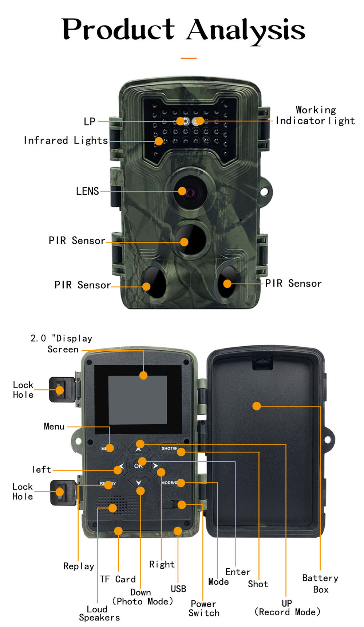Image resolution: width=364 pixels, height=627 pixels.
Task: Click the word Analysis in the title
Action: [246, 30]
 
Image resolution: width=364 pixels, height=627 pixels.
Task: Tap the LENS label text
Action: [87, 191]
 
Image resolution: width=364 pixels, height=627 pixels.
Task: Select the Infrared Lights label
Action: [66, 140]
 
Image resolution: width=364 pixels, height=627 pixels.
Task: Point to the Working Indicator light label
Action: [315, 115]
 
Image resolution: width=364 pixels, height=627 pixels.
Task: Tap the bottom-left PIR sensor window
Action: [155, 282]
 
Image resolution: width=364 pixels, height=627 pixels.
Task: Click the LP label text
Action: [90, 121]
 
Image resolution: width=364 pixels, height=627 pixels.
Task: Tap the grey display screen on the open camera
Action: [138, 400]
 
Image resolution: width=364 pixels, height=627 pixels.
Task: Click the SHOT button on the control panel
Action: [169, 448]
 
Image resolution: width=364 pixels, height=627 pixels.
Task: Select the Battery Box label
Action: [320, 583]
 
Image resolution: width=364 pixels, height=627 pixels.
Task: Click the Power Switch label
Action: [204, 608]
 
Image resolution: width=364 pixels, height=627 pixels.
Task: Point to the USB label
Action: [178, 589]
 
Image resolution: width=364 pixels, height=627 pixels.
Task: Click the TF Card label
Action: [118, 579]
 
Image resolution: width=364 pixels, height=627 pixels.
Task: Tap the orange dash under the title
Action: [189, 58]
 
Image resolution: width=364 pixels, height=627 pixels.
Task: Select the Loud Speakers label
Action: [99, 613]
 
